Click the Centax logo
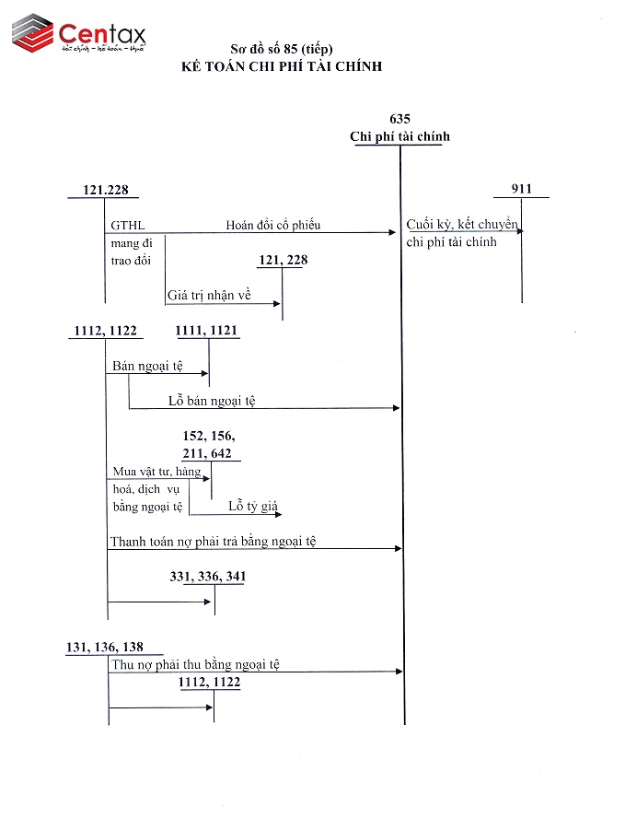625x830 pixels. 80,35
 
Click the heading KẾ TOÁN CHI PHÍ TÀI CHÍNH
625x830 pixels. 282,66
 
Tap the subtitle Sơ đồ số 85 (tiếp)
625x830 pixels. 282,49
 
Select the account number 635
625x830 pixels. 399,119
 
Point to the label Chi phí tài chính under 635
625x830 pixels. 399,136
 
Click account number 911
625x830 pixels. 522,189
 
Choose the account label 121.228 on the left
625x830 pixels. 105,190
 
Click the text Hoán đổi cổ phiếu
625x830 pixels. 273,225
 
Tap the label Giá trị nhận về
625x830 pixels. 209,297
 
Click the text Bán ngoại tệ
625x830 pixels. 147,366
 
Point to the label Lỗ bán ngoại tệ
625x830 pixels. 212,400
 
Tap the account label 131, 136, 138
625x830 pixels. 105,647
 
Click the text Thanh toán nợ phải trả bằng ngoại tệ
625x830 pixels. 213,541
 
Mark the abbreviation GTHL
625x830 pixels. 128,226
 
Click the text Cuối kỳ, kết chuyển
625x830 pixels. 462,226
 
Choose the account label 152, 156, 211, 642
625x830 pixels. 210,443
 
